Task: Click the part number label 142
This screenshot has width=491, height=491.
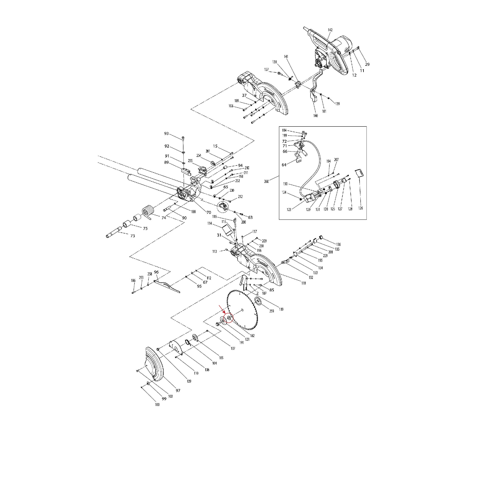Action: click(x=330, y=30)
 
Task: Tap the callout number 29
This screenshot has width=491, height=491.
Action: click(x=367, y=64)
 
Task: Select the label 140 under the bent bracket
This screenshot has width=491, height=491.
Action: click(x=315, y=116)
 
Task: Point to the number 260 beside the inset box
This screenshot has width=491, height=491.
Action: click(x=266, y=181)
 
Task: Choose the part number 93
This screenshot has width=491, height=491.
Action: click(x=167, y=133)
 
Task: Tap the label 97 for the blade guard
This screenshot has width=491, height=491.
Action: click(x=178, y=390)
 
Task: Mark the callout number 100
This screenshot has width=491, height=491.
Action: click(x=157, y=405)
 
